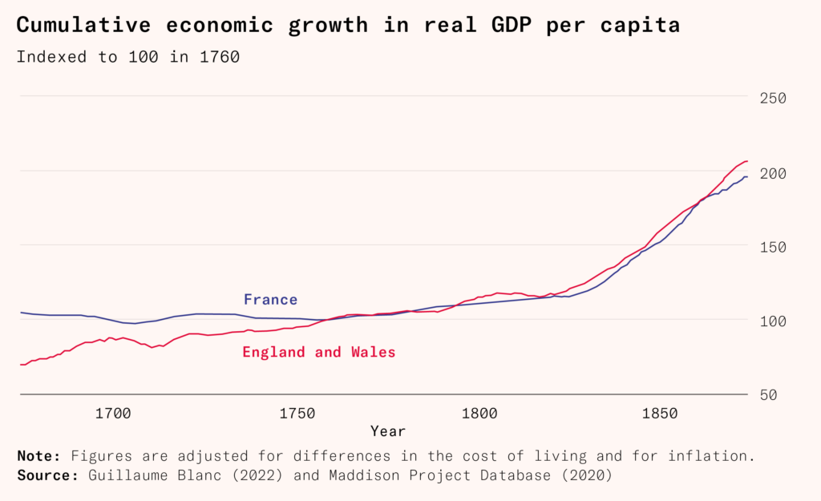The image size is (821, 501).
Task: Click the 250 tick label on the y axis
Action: [773, 98]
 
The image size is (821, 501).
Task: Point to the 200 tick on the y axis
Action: [773, 172]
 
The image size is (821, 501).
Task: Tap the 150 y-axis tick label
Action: [773, 247]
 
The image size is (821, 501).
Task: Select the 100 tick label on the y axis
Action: [773, 321]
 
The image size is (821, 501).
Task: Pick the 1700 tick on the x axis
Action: [113, 414]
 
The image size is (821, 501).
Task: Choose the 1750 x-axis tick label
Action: [297, 414]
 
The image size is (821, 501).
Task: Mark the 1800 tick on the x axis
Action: [479, 414]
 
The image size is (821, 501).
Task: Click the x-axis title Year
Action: [388, 431]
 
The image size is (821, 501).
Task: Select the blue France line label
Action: [270, 300]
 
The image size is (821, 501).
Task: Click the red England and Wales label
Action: [319, 352]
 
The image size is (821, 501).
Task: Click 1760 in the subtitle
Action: [217, 57]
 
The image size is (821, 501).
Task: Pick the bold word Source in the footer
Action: [45, 475]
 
